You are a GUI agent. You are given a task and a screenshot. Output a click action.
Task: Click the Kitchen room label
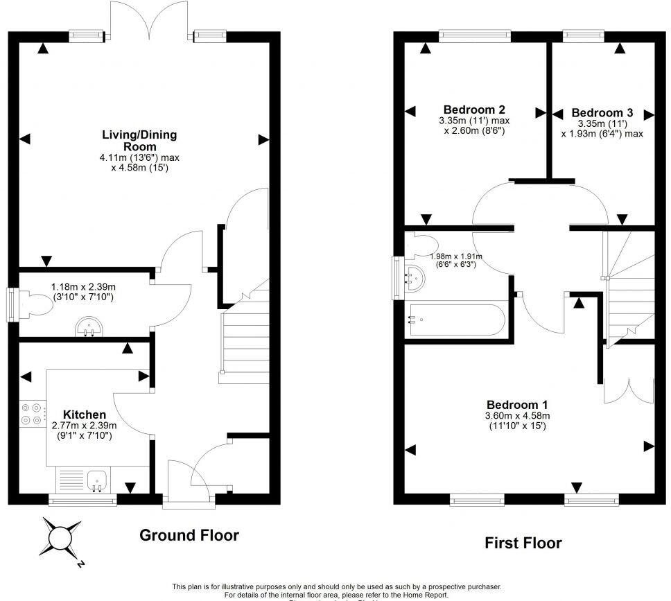[85, 415]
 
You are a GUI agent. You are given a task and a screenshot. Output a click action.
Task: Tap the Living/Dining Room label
[139, 141]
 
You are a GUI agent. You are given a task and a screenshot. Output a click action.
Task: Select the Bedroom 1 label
[517, 405]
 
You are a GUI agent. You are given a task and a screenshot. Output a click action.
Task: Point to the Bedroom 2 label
[474, 110]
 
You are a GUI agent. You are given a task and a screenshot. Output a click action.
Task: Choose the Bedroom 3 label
[602, 112]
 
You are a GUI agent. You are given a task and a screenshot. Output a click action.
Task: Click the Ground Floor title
[189, 535]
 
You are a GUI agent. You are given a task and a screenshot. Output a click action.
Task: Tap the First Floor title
[523, 543]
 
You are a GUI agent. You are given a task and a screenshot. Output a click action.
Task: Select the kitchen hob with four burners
[33, 414]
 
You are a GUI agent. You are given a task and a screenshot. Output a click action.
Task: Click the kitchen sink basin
[97, 479]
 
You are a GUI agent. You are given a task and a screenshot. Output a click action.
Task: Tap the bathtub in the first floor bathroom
[457, 320]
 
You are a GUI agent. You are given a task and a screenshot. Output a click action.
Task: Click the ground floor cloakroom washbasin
[89, 326]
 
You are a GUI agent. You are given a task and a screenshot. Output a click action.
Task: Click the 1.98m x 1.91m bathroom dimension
[456, 260]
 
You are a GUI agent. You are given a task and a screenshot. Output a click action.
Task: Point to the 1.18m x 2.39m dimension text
[83, 292]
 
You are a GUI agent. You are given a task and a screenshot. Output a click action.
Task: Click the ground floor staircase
[245, 338]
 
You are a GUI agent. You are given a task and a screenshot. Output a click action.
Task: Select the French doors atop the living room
[149, 19]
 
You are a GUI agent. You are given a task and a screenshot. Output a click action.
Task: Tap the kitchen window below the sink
[82, 500]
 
